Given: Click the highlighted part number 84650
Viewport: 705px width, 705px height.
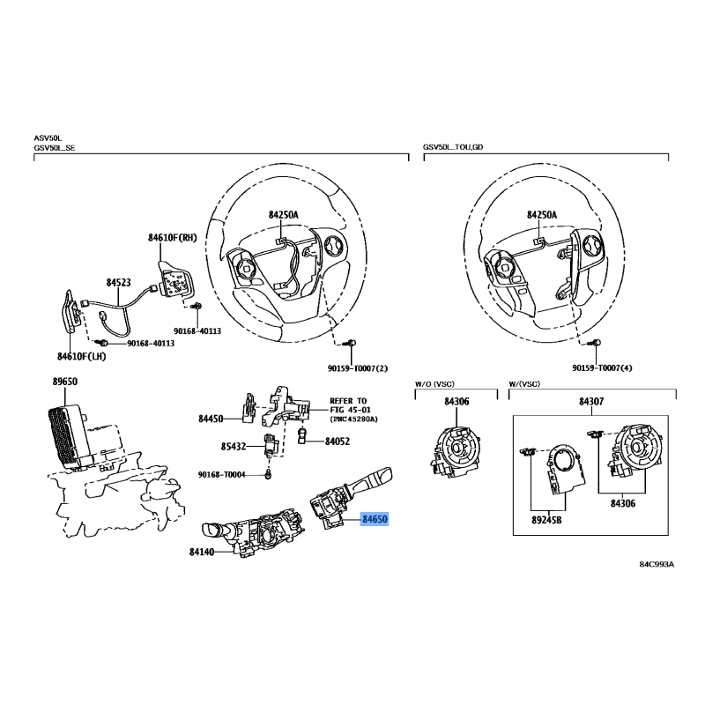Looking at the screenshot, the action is click(375, 519).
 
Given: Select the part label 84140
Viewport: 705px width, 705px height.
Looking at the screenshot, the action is click(202, 552).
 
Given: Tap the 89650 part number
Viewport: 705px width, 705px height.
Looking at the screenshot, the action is click(64, 382).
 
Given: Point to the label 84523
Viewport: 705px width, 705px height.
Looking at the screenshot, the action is click(119, 282).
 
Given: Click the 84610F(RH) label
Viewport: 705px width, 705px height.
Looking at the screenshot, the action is click(173, 237).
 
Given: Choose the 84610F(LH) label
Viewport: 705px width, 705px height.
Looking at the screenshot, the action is click(81, 357).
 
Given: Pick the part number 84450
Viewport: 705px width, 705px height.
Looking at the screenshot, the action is click(211, 419).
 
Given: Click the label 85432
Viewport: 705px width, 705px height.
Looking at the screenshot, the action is click(234, 447).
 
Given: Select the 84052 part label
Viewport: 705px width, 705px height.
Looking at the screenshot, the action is click(338, 442).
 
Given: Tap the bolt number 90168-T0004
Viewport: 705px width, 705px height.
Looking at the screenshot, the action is click(222, 474).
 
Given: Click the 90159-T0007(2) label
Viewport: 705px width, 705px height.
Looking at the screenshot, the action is click(358, 368).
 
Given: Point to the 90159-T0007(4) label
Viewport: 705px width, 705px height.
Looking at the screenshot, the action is click(602, 367).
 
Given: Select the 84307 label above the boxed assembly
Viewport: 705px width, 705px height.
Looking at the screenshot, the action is click(591, 401).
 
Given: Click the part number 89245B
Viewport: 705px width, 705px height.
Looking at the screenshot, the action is click(546, 520).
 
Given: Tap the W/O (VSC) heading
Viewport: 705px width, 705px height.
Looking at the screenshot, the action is click(434, 384).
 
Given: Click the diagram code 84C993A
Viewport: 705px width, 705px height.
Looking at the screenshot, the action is click(657, 564).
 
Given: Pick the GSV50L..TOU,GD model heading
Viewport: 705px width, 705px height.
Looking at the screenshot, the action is click(453, 147).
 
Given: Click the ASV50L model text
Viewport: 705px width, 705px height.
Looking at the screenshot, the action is click(48, 138).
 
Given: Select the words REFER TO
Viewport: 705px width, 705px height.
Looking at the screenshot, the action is click(348, 401).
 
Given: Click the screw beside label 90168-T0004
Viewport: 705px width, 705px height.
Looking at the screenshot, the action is click(269, 474).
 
